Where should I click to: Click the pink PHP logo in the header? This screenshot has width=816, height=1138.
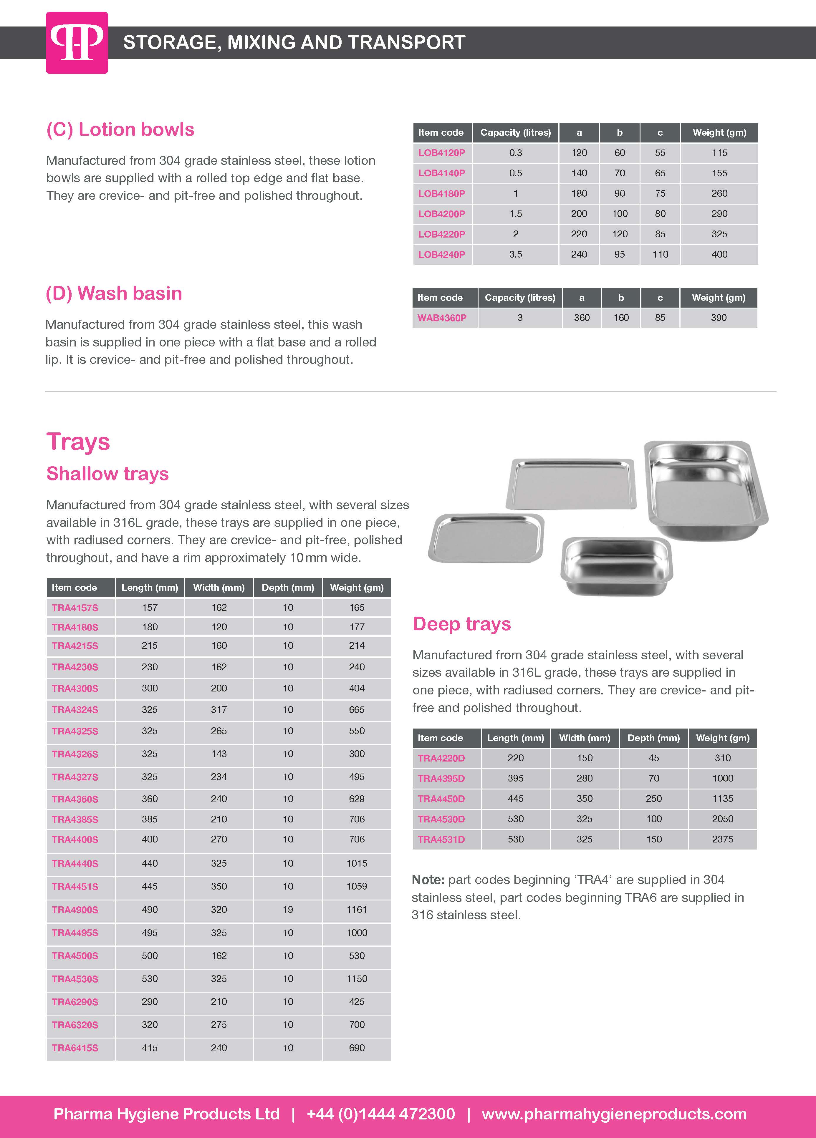[x=77, y=43]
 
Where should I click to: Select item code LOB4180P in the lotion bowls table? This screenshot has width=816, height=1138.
[x=442, y=193]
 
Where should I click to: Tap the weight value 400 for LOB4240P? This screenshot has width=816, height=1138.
[x=719, y=254]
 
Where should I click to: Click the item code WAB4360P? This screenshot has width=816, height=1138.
[x=442, y=318]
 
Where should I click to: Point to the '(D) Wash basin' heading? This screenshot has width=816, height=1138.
[x=114, y=293]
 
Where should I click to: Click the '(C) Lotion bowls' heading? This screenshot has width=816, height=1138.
[x=120, y=130]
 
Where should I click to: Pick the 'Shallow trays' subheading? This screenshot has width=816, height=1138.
[x=107, y=474]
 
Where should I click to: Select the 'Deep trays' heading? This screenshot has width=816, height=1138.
[x=462, y=624]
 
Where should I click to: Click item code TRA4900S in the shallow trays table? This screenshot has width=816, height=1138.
[x=75, y=910]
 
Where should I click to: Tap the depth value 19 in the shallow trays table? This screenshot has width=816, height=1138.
[x=287, y=910]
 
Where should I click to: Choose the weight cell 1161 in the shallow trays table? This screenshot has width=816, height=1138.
[x=357, y=910]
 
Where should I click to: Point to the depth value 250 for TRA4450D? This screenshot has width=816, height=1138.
[x=653, y=798]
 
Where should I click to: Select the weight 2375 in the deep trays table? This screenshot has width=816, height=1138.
[x=722, y=839]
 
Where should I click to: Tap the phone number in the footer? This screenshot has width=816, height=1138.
[x=380, y=1114]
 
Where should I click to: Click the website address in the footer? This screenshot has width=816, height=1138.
[x=614, y=1114]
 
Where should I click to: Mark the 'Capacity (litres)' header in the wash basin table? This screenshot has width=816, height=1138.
[x=520, y=298]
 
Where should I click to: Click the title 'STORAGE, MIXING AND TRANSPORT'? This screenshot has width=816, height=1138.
[x=294, y=43]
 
